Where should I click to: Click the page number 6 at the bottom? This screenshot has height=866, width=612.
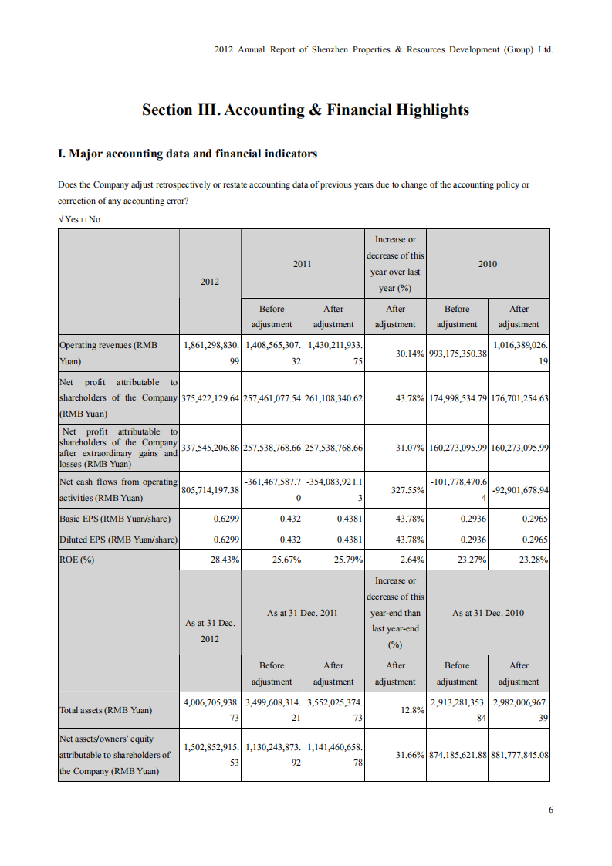pyautogui.click(x=551, y=810)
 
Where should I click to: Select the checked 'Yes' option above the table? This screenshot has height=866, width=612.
pyautogui.click(x=69, y=219)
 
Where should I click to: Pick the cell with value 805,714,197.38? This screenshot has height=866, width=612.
pyautogui.click(x=210, y=490)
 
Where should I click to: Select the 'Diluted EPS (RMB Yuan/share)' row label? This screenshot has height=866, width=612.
pyautogui.click(x=118, y=540)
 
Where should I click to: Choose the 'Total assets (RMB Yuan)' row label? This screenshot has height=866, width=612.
pyautogui.click(x=106, y=710)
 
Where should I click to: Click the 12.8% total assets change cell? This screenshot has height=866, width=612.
pyautogui.click(x=410, y=710)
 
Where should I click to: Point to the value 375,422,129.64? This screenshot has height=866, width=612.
pyautogui.click(x=210, y=398)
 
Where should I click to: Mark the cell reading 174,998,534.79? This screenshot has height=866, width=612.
pyautogui.click(x=457, y=398)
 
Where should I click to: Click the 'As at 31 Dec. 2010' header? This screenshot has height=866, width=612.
pyautogui.click(x=488, y=613)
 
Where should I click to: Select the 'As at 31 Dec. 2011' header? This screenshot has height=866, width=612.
pyautogui.click(x=303, y=613)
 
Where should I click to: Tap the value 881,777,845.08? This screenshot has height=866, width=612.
pyautogui.click(x=519, y=755)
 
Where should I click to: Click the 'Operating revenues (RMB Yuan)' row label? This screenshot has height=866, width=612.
pyautogui.click(x=108, y=353)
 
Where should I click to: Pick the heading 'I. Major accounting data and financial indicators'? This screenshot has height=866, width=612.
pyautogui.click(x=188, y=154)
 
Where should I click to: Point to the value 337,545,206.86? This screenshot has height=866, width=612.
pyautogui.click(x=210, y=448)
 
